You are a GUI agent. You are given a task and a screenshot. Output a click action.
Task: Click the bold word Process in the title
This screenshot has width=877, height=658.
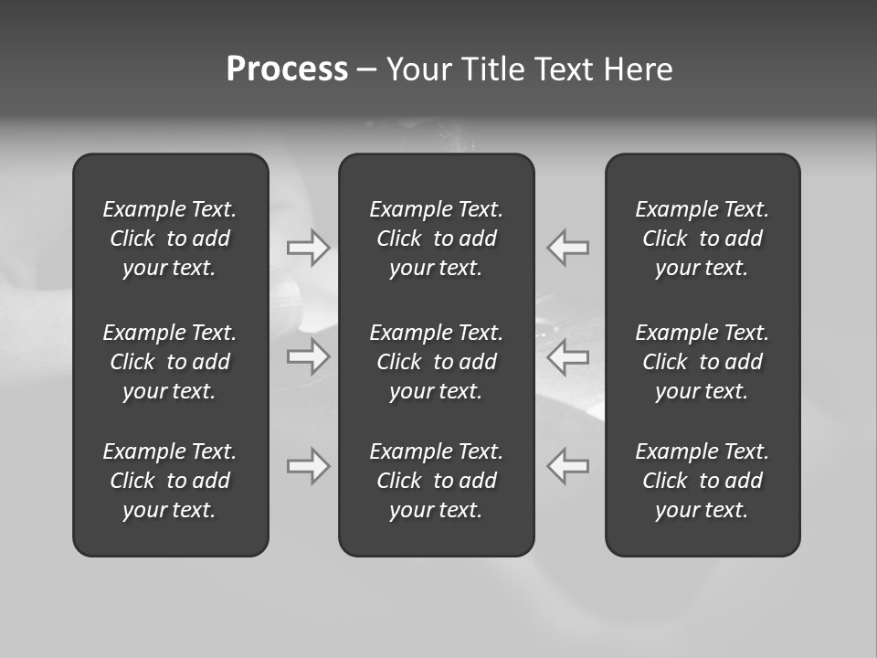(x=287, y=69)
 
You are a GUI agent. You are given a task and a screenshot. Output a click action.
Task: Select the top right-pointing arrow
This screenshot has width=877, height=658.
(x=309, y=248)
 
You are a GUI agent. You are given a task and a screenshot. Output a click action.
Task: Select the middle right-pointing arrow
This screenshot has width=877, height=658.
(x=309, y=356)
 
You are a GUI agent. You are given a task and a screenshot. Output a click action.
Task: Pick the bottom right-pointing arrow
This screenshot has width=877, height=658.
(x=309, y=466)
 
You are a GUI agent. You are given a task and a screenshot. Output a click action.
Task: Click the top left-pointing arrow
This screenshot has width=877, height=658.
(x=567, y=248)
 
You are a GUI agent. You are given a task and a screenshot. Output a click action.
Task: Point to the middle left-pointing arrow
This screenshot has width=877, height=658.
(x=567, y=356)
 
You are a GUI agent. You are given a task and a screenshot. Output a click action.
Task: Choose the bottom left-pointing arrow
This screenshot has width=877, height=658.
(x=567, y=466)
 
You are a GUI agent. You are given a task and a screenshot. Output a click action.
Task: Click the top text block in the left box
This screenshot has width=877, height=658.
(x=170, y=239)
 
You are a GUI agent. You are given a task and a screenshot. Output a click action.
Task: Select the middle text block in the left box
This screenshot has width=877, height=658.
(x=170, y=362)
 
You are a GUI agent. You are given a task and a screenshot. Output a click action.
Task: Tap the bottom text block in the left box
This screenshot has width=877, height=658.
(x=170, y=481)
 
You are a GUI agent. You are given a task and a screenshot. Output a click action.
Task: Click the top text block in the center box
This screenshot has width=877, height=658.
(x=437, y=239)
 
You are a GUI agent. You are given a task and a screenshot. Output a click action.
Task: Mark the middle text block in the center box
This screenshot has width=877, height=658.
(x=437, y=362)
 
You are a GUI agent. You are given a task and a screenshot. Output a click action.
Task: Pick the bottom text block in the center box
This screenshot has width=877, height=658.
(x=437, y=481)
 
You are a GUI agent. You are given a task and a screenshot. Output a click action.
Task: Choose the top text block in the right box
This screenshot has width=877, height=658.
(x=703, y=239)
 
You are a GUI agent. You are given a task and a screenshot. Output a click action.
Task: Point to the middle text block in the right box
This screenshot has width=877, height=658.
(x=703, y=362)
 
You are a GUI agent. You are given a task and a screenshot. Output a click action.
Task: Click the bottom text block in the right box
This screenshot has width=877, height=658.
(x=703, y=481)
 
